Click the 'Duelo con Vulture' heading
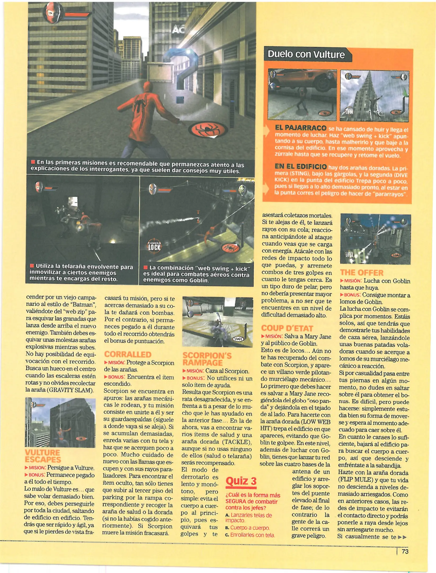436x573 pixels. click(x=306, y=54)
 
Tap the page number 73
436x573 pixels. click(x=405, y=552)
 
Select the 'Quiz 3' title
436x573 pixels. click(x=241, y=481)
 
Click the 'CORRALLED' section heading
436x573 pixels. click(x=128, y=354)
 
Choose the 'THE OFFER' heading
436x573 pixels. click(x=362, y=273)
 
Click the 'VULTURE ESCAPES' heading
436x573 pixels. click(x=42, y=456)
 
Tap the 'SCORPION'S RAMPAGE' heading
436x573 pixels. click(x=207, y=359)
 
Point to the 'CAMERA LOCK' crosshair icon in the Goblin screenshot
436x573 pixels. click(x=154, y=247)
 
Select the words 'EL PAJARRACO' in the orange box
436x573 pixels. click(x=301, y=128)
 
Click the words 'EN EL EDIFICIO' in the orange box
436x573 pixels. click(x=301, y=167)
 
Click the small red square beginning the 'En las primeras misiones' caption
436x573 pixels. click(x=33, y=162)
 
